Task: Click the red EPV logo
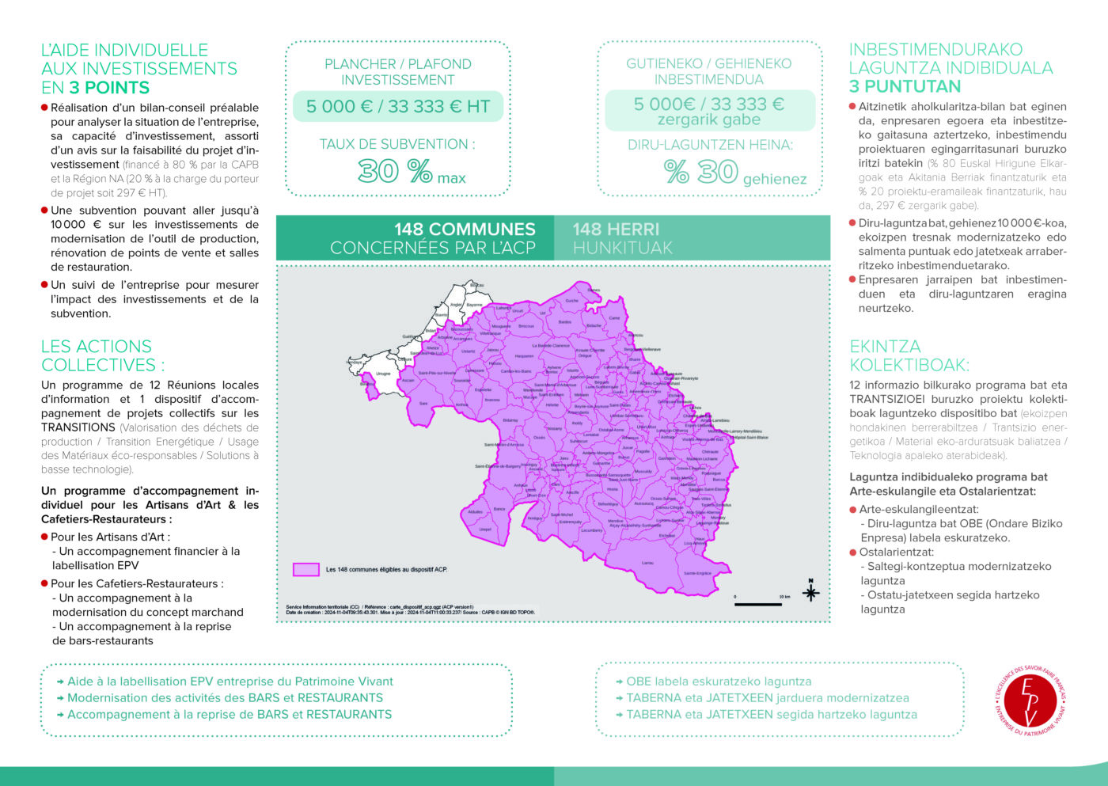click(x=1030, y=701)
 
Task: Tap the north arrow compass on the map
click(x=810, y=590)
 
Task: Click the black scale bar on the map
click(x=758, y=605)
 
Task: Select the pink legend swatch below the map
click(x=305, y=569)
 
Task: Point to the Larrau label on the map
click(x=647, y=563)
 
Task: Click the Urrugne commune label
click(x=383, y=374)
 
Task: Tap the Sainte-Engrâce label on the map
click(x=697, y=573)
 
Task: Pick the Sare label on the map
click(x=423, y=403)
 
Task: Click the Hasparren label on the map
click(x=524, y=356)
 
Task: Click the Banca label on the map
click(x=499, y=509)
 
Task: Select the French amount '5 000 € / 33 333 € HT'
click(x=398, y=107)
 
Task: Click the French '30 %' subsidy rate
click(x=395, y=171)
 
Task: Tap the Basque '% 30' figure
click(x=701, y=172)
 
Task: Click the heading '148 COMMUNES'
click(x=465, y=229)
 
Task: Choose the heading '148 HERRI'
click(x=616, y=229)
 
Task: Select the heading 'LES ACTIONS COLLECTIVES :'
click(x=103, y=355)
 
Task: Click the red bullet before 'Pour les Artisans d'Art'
click(x=45, y=537)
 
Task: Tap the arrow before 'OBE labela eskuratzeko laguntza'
click(x=619, y=682)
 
